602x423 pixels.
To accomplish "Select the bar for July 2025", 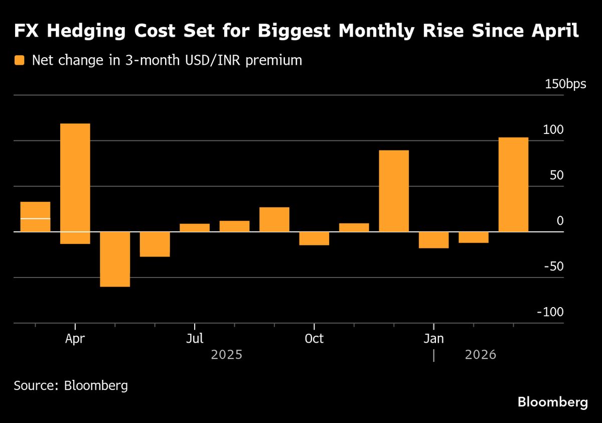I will coord(194,228).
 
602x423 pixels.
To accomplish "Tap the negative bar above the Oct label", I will coord(314,238).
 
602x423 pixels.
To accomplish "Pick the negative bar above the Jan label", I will coord(433,240).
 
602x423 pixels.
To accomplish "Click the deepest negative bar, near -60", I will coord(115,259).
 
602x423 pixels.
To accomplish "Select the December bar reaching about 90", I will coord(394,191).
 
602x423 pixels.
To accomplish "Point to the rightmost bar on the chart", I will coord(513,184).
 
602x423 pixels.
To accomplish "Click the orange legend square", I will coord(19,61).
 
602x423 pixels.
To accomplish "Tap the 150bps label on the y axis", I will coord(565,84).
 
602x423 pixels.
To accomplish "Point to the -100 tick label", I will coord(550,312).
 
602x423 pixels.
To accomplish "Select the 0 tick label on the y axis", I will coord(560,221).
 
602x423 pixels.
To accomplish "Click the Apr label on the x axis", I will coord(75,339).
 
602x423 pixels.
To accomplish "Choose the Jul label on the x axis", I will coord(194,339).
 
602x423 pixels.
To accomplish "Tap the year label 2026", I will coord(481,355).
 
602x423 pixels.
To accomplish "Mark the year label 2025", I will coord(227,355).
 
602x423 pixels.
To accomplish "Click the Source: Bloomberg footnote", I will coord(71,386).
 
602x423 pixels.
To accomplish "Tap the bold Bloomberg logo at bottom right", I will coord(552,402).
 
